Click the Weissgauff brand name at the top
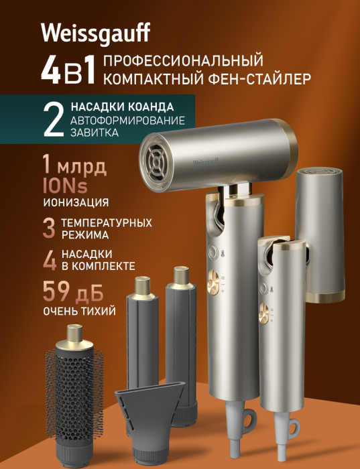pos(95,33)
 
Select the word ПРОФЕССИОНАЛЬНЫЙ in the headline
pos(183,60)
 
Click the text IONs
pos(65,186)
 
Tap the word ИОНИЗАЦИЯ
pos(76,202)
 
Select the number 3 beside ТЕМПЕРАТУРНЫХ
pos(49,228)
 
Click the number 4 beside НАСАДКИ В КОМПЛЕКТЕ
pos(50,260)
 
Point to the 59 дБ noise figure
pos(73,291)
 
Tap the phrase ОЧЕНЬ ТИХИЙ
pos(79,311)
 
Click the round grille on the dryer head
pos(156,163)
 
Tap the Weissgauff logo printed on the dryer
pos(206,162)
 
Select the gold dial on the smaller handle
pos(263,314)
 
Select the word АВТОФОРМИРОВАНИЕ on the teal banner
pos(128,121)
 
